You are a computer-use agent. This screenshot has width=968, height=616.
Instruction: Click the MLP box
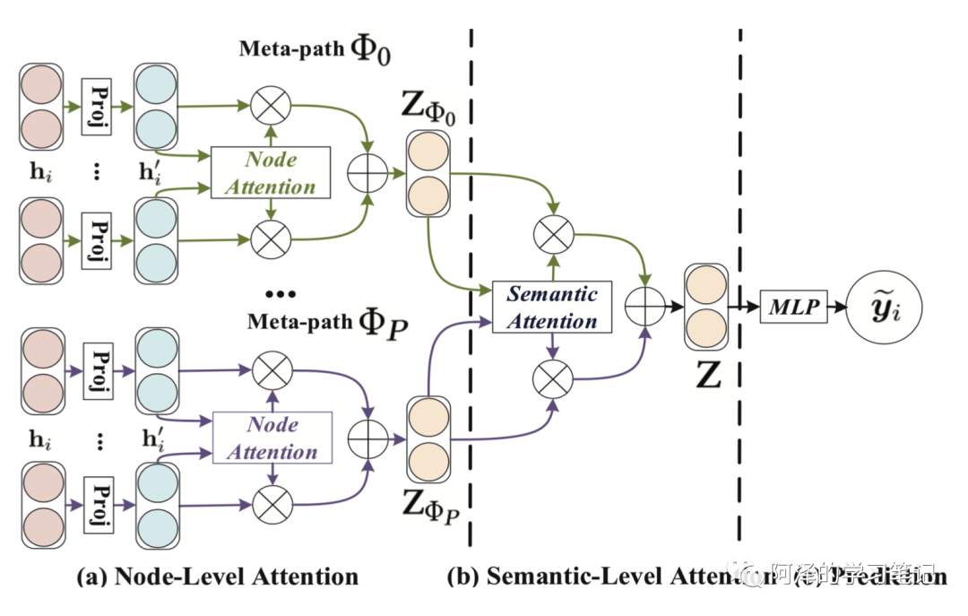click(x=795, y=308)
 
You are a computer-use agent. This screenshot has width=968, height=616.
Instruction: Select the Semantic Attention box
click(x=552, y=308)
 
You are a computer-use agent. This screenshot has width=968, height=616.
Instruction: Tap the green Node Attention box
click(x=271, y=172)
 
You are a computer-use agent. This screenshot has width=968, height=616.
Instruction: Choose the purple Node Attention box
click(x=272, y=438)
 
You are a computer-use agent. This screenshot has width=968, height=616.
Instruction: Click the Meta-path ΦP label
click(x=327, y=320)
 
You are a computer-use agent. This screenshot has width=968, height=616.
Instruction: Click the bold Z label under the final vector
click(x=708, y=376)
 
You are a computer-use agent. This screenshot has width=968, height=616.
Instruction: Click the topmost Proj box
click(x=97, y=106)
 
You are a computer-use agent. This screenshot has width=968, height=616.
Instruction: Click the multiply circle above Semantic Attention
click(x=553, y=236)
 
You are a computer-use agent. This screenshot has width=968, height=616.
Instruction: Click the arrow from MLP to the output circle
click(x=837, y=308)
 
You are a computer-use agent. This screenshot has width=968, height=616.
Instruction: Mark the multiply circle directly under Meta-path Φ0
click(x=267, y=106)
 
